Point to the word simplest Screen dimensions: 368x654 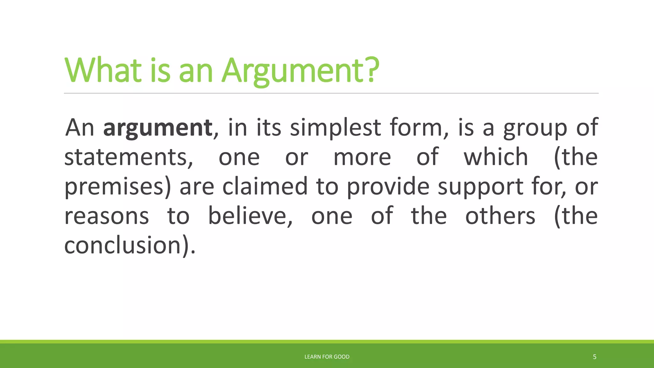click(335, 128)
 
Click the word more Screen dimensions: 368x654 click(362, 157)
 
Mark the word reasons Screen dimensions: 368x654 click(107, 216)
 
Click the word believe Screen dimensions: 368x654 click(250, 216)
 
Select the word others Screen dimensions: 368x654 click(500, 216)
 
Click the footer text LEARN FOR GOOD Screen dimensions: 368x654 click(327, 357)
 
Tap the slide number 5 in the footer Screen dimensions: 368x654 click(594, 357)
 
